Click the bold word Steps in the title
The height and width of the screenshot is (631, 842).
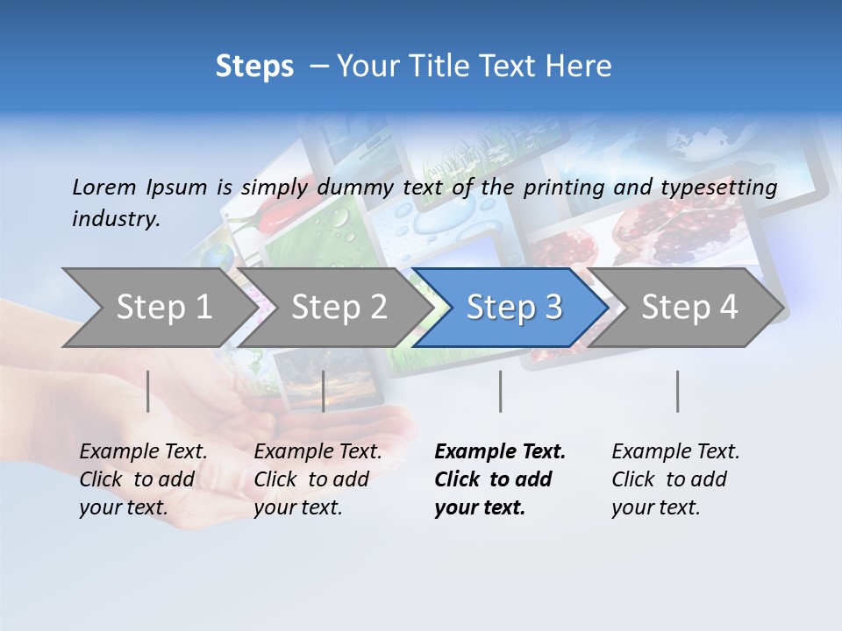254,67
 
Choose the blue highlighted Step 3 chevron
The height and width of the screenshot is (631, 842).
514,307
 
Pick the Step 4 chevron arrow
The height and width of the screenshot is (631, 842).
689,307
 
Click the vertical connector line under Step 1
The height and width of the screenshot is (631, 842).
148,391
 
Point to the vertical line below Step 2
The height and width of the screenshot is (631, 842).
324,391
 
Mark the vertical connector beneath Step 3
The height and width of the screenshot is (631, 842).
500,391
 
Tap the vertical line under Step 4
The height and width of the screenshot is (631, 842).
677,391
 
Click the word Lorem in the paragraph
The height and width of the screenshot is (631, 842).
104,187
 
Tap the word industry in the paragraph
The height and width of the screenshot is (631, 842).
116,219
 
